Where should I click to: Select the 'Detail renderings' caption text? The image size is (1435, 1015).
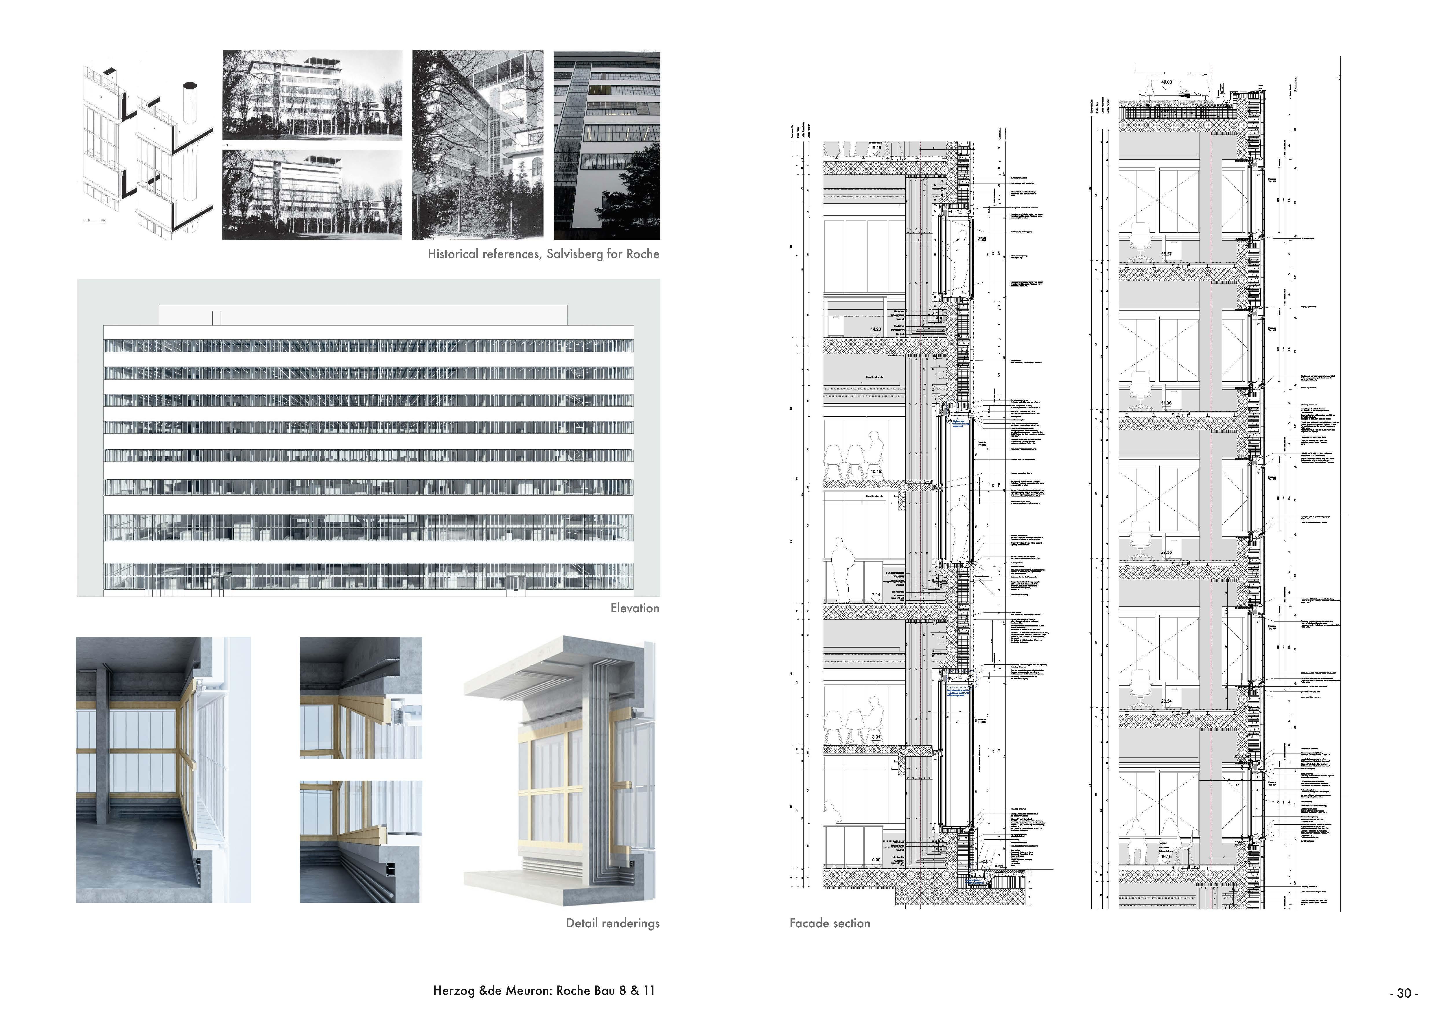[x=613, y=923]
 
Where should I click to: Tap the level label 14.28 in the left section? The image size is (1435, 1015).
[x=876, y=329]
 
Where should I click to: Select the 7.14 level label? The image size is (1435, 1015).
[x=876, y=595]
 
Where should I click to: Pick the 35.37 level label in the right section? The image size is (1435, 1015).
[x=1166, y=254]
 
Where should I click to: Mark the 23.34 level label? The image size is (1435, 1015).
[x=1166, y=701]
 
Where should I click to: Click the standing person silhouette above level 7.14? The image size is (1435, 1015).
[x=842, y=569]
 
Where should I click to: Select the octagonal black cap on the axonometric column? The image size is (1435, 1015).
[x=190, y=86]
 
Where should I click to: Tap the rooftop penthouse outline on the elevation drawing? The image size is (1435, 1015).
[x=362, y=315]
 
